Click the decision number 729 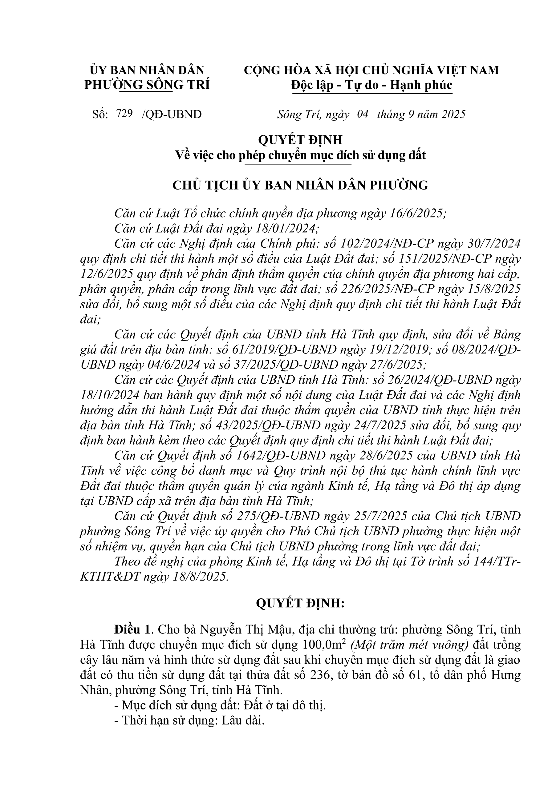124,113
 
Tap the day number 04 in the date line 363,114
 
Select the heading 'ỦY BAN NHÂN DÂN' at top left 147,70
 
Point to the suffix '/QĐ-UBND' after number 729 171,114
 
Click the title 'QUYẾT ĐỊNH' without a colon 300,140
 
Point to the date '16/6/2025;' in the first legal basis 417,214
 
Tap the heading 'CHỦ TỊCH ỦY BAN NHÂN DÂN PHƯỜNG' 300,185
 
